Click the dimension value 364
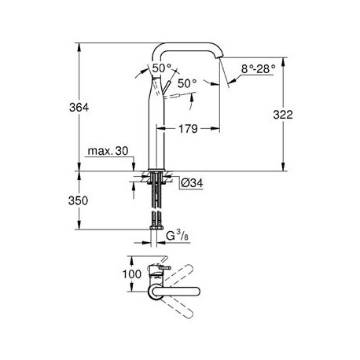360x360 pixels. coord(79,108)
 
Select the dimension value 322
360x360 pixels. coord(283,115)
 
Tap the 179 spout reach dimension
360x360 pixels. coord(188,129)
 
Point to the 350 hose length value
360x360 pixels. coord(78,200)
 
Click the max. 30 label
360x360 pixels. coord(108,151)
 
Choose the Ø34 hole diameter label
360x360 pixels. coord(192,183)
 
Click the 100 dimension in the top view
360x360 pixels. coord(132,274)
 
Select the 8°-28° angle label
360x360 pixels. coord(259,69)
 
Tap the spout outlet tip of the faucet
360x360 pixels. coord(219,57)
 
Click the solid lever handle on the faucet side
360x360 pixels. coord(167,87)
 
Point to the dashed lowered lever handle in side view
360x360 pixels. coord(180,95)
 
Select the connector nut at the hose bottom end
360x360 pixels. coord(156,227)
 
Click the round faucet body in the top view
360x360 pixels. coord(154,292)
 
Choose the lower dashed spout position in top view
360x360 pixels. coord(178,307)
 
